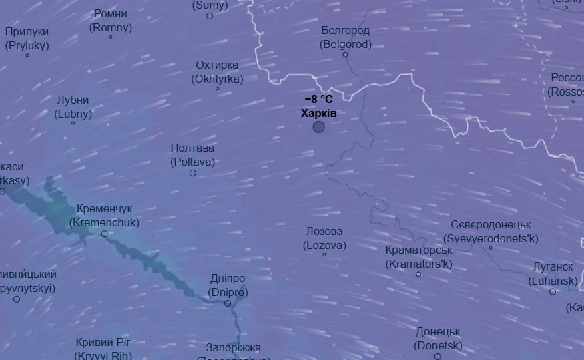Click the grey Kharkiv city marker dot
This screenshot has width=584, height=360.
[x=319, y=126]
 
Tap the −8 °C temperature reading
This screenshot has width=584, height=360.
[x=318, y=100]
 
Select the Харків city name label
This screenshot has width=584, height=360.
[x=318, y=113]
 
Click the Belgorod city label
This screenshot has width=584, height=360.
[x=345, y=37]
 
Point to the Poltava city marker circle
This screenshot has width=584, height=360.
[x=193, y=173]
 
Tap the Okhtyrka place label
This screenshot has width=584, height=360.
[x=217, y=72]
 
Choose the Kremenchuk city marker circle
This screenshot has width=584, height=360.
[x=104, y=234]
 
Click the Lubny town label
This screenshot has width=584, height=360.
[x=73, y=107]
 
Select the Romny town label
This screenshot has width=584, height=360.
[x=111, y=21]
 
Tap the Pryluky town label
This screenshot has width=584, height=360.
[x=27, y=39]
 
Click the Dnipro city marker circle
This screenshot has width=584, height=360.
[x=228, y=303]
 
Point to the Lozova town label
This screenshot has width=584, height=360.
[x=324, y=238]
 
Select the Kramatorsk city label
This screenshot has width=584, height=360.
[x=418, y=256]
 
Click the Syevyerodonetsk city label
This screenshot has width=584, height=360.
[x=491, y=232]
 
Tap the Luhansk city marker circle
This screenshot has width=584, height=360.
[x=553, y=291]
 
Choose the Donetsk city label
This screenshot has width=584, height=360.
[x=438, y=339]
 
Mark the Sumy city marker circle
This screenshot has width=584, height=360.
[x=210, y=16]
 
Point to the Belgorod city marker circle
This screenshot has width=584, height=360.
[x=346, y=55]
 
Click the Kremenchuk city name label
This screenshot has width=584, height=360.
[x=104, y=216]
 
